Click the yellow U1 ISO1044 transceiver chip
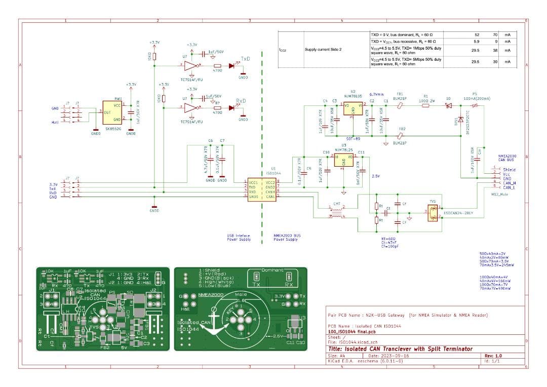pyautogui.click(x=261, y=190)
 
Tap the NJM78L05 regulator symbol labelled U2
pyautogui.click(x=353, y=108)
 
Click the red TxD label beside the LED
pyautogui.click(x=245, y=59)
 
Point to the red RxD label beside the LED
pyautogui.click(x=241, y=101)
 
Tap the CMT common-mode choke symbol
pyautogui.click(x=335, y=212)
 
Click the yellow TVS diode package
pyautogui.click(x=432, y=213)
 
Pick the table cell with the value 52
pyautogui.click(x=476, y=34)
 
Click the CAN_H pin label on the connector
pyautogui.click(x=509, y=183)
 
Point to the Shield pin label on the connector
pyautogui.click(x=509, y=170)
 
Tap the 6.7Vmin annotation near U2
pyautogui.click(x=376, y=94)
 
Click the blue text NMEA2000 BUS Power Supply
pyautogui.click(x=286, y=238)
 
